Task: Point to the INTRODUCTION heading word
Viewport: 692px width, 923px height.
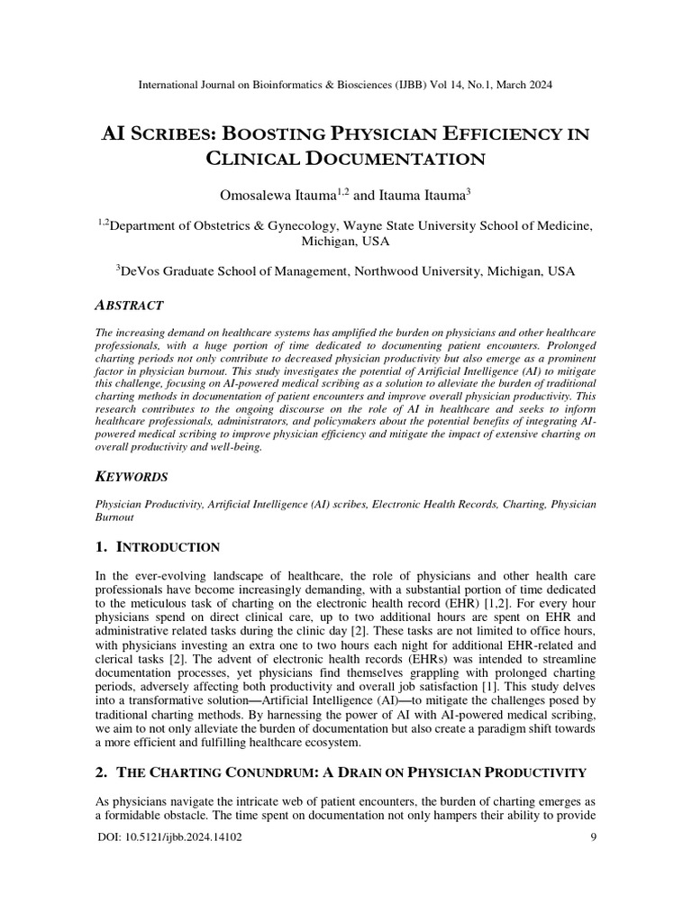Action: [169, 547]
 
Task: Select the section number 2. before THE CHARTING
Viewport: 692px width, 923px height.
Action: [101, 772]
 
